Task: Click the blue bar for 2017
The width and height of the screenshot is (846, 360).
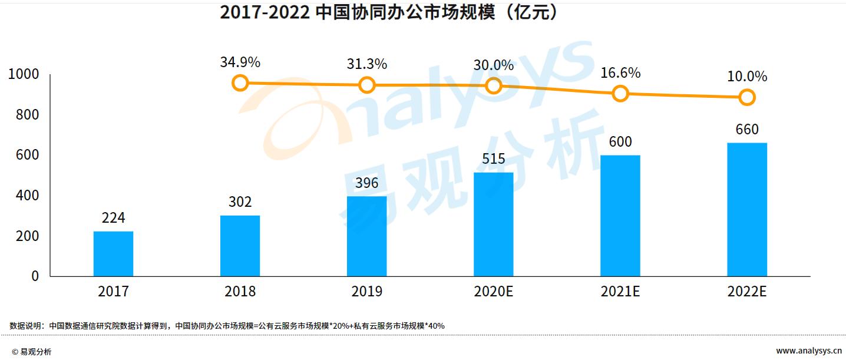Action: click(x=113, y=253)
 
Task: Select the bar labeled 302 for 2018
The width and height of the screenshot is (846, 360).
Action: click(x=240, y=246)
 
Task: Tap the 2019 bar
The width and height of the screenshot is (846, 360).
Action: click(x=366, y=236)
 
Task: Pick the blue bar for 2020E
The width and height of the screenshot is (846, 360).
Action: click(x=493, y=224)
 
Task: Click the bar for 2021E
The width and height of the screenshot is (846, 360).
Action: click(x=620, y=216)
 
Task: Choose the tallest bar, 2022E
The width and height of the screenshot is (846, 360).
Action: click(x=747, y=209)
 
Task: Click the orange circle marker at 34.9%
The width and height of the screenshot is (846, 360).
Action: click(x=240, y=82)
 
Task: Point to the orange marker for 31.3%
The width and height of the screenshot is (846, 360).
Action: click(x=366, y=85)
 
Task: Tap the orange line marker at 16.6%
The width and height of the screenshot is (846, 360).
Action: click(x=620, y=93)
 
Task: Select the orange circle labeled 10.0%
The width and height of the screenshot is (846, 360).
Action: click(x=747, y=97)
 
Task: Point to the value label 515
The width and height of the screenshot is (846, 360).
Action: click(x=493, y=160)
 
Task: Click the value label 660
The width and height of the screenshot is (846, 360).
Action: click(x=747, y=130)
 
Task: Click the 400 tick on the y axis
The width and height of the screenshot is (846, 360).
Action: click(x=27, y=196)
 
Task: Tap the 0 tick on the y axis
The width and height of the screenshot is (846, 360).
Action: click(x=35, y=276)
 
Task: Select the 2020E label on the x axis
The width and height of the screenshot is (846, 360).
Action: click(x=493, y=292)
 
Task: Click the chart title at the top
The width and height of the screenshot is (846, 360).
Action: click(x=388, y=12)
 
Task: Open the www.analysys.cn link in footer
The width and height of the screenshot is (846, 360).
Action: click(x=808, y=351)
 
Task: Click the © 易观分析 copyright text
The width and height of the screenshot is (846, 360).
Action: click(x=32, y=352)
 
